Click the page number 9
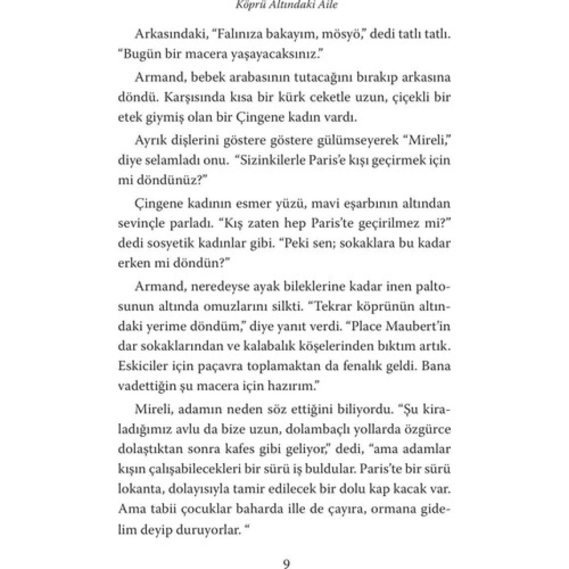coord(286,564)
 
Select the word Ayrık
coord(150,141)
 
